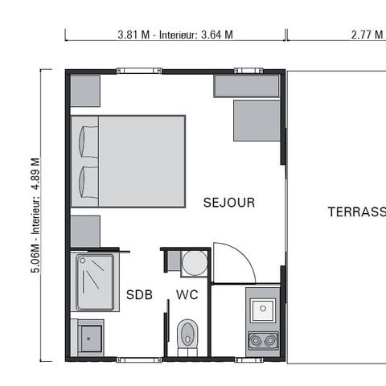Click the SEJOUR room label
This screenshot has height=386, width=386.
pyautogui.click(x=229, y=203)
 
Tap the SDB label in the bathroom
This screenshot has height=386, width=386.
pyautogui.click(x=139, y=294)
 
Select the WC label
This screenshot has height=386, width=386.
pyautogui.click(x=187, y=294)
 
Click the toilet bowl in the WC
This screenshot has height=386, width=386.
pyautogui.click(x=187, y=332)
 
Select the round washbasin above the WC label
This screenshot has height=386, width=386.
pyautogui.click(x=193, y=262)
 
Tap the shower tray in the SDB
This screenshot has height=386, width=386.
pyautogui.click(x=96, y=282)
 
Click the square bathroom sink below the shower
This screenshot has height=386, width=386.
pyautogui.click(x=90, y=335)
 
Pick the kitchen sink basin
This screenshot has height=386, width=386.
pyautogui.click(x=263, y=310)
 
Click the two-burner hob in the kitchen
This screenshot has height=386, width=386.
pyautogui.click(x=263, y=340)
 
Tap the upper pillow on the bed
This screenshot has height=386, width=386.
pyautogui.click(x=87, y=142)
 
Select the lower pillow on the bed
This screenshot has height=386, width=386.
pyautogui.click(x=87, y=183)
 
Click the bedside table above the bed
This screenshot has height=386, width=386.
pyautogui.click(x=85, y=91)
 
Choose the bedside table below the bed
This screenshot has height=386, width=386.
pyautogui.click(x=85, y=231)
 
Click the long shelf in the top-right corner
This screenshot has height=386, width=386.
pyautogui.click(x=247, y=86)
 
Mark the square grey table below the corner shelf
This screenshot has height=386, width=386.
pyautogui.click(x=257, y=120)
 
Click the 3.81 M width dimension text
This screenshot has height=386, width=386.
pyautogui.click(x=175, y=35)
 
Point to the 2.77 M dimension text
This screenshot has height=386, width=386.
pyautogui.click(x=367, y=35)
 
